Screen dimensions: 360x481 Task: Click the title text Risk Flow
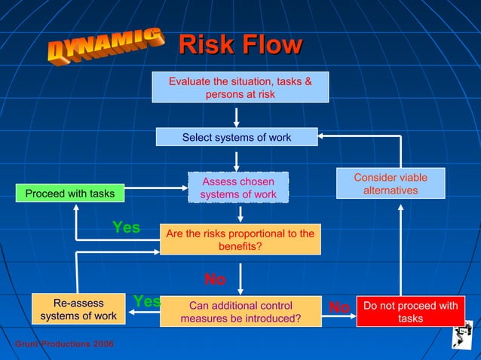point(240,44)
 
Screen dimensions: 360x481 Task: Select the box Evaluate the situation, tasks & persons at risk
point(240,87)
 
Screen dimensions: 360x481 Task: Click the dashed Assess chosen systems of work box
point(237,188)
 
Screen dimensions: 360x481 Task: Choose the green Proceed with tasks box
point(70,194)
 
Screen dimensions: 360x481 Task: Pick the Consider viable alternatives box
point(390,184)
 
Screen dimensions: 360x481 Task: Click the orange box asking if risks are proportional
point(240,239)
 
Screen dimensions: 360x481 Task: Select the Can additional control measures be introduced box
point(240,312)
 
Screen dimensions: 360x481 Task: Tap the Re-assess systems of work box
point(78,310)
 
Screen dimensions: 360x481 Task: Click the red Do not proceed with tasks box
point(410,312)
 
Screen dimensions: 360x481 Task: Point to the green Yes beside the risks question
point(126,227)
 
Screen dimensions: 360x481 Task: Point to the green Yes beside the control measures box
point(147,301)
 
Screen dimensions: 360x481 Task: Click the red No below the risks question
point(215,279)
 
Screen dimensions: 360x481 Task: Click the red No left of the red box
point(339,307)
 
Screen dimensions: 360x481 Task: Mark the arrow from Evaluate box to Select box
point(237,116)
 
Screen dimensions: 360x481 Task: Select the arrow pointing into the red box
point(340,317)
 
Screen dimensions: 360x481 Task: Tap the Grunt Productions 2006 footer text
point(64,343)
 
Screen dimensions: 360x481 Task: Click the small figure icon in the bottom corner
point(461,335)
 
